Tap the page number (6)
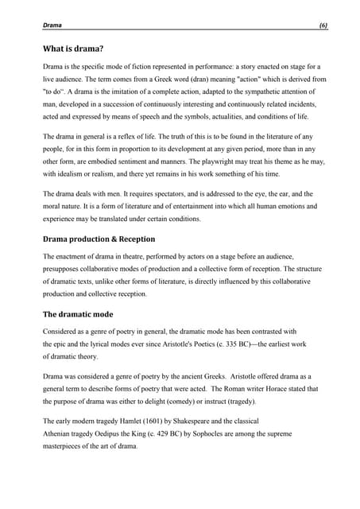323,26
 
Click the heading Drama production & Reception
99,239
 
